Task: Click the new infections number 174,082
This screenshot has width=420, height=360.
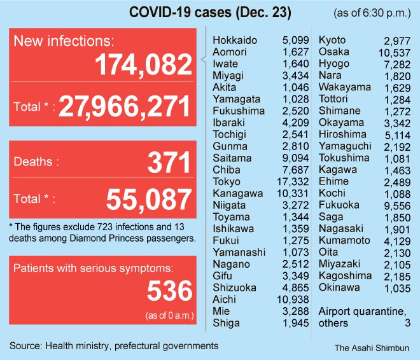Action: coord(143,65)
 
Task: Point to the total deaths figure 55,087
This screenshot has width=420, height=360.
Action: coord(150,199)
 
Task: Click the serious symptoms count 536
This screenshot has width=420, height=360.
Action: coord(169,291)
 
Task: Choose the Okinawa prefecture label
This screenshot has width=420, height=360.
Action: coord(339,287)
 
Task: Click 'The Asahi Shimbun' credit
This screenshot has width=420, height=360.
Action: coord(372,348)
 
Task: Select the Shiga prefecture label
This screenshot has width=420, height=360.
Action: coord(226,323)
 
